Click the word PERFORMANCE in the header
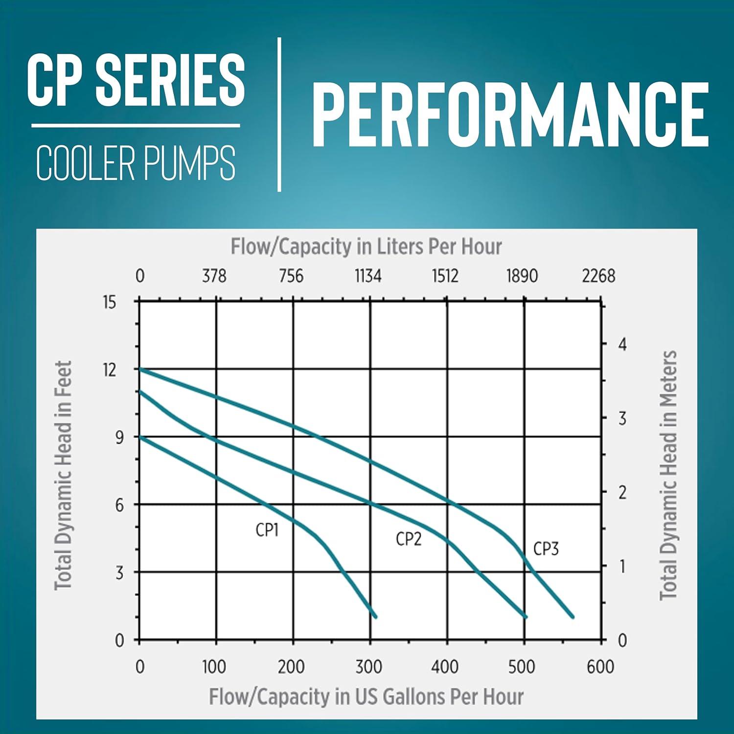(x=510, y=115)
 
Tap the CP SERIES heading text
(x=136, y=80)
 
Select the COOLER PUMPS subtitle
(x=136, y=162)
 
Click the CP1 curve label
(x=267, y=530)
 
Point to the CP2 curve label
(x=409, y=539)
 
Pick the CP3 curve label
(x=546, y=549)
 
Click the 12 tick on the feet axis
(x=110, y=370)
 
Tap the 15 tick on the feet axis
(x=110, y=302)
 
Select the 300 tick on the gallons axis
(x=368, y=666)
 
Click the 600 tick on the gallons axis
(x=600, y=666)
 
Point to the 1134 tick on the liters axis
(x=368, y=276)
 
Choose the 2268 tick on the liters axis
(x=598, y=276)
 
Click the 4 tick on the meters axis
(x=622, y=344)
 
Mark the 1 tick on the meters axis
(x=622, y=567)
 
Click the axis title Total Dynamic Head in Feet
(x=64, y=475)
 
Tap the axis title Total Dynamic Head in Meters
(x=668, y=475)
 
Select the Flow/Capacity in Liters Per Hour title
(x=366, y=247)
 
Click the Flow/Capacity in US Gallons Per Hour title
(x=366, y=696)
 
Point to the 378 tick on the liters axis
(x=214, y=276)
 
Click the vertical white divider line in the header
(x=279, y=115)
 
